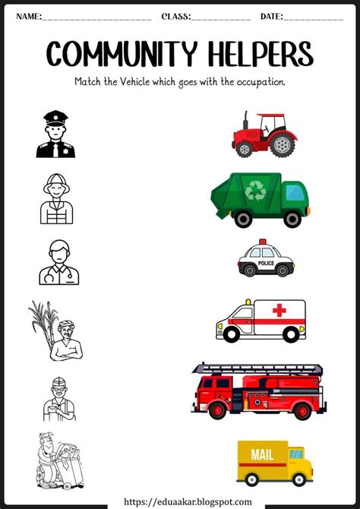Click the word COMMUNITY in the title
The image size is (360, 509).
coord(111,53)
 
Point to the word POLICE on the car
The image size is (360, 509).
coord(266,262)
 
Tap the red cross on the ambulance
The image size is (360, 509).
coord(279,311)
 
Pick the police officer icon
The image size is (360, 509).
coord(55,134)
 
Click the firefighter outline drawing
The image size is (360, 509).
coord(55,199)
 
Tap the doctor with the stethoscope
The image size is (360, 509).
coord(58,261)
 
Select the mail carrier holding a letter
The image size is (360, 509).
coord(58,397)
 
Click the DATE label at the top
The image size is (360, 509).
coord(271,16)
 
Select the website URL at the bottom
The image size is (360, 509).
coord(180,501)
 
